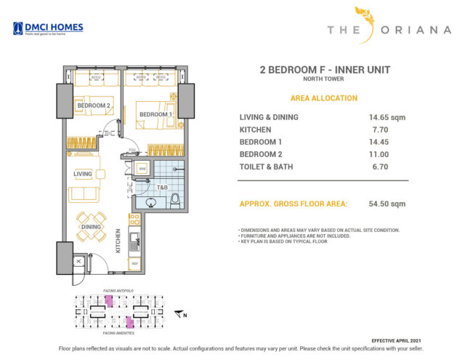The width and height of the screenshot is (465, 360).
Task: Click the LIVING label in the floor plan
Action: [x=82, y=174]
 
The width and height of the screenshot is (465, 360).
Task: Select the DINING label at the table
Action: [x=91, y=227]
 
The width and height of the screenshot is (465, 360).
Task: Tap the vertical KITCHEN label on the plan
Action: [x=118, y=239]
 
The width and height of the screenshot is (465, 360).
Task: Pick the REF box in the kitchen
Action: [x=134, y=263]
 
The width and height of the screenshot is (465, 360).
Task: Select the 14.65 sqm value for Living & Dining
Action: [x=387, y=117]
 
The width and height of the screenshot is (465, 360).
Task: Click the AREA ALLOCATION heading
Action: [x=323, y=98]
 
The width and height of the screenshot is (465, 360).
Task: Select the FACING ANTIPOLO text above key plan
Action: [x=119, y=290]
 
